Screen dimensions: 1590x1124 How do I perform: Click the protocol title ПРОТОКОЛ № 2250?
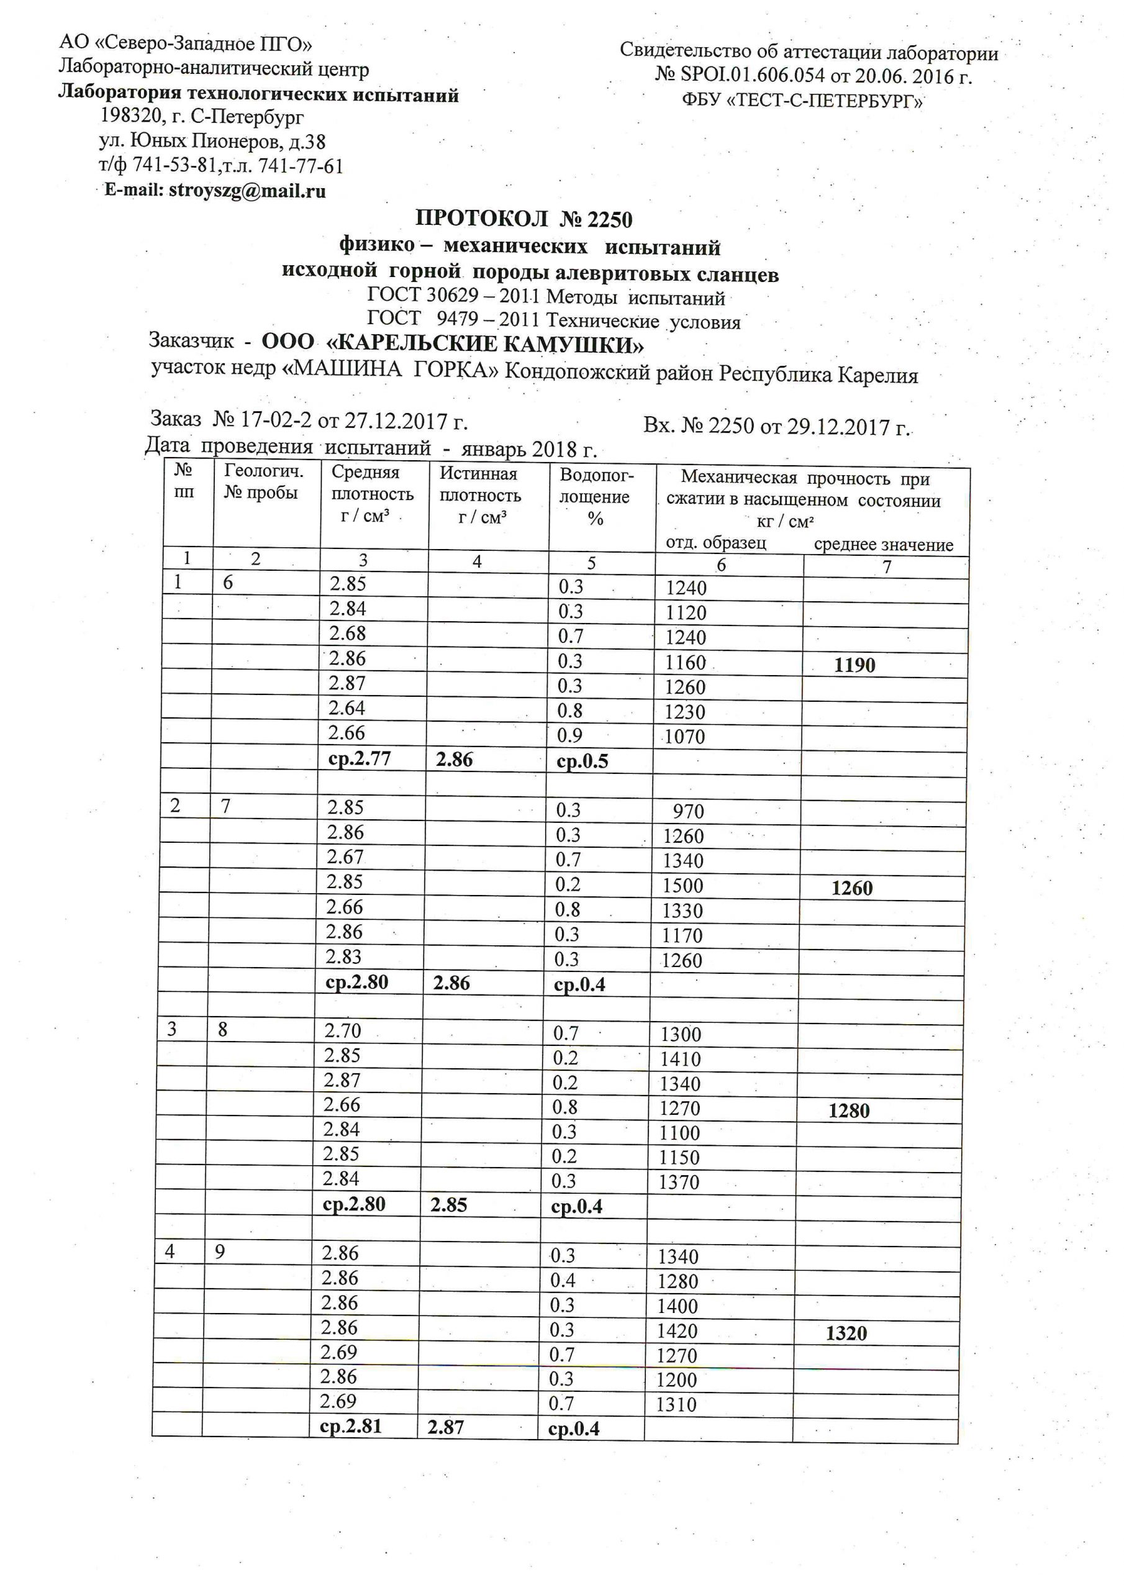523,219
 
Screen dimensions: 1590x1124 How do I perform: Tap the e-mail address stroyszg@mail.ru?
247,191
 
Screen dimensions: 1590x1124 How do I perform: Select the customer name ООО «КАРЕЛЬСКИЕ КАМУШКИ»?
453,343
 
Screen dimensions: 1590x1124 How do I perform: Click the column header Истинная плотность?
479,495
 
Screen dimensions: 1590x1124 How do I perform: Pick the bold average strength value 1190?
854,665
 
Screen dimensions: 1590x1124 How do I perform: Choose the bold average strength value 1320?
846,1333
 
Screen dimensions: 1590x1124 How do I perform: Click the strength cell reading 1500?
683,886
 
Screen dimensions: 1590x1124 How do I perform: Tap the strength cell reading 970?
687,811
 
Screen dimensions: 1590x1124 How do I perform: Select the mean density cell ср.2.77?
360,759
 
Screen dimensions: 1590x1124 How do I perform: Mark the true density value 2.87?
446,1427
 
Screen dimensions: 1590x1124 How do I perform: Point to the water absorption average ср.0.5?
582,761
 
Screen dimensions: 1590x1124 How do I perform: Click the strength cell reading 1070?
684,736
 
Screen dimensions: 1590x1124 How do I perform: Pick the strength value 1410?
680,1059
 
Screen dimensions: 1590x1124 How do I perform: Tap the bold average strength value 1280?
849,1111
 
